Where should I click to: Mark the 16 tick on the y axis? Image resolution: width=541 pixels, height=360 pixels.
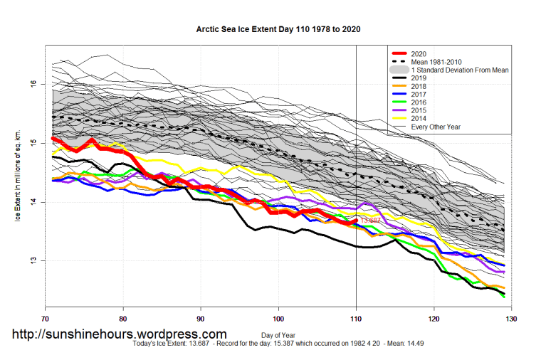coord(33,84)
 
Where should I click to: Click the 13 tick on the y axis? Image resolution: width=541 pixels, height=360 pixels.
coord(33,260)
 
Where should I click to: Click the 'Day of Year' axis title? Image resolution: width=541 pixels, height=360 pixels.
coord(278,334)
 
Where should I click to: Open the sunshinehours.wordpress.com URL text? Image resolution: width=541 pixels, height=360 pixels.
coord(118,334)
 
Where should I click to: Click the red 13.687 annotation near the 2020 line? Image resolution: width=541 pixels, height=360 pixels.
coord(370,221)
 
